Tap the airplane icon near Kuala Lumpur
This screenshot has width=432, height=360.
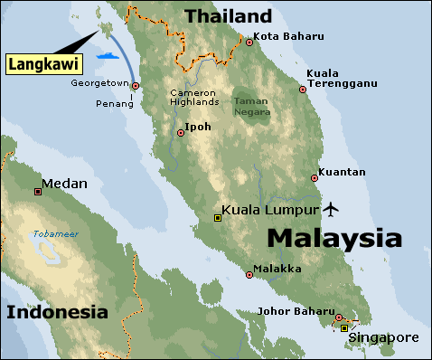point(331,210)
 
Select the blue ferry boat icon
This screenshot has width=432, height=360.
point(109,55)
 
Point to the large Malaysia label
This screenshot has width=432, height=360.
point(334,239)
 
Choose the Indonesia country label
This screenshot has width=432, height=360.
point(57,313)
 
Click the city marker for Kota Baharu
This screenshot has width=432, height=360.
point(248,41)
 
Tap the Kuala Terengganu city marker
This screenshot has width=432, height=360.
point(303,90)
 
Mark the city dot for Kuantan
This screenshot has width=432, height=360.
point(314,177)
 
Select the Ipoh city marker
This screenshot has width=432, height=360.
point(181,133)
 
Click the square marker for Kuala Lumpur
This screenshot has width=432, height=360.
point(217,217)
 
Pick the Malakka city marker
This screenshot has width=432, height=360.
point(249,274)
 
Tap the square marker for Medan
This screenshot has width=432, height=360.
point(38,191)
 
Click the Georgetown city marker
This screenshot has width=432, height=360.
point(136,86)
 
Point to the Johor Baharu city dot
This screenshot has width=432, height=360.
point(338,317)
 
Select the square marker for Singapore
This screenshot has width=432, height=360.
point(343,328)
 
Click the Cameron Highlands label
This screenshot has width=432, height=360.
point(193,98)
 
